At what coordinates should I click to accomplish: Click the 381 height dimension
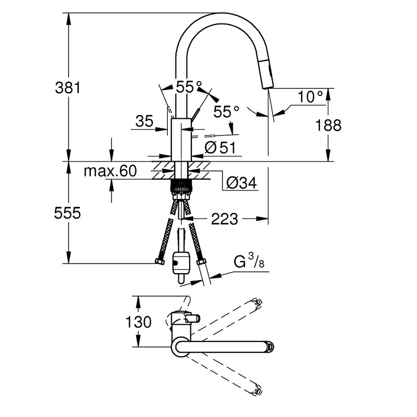[x=68, y=88]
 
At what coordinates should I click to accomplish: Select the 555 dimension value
[x=67, y=213]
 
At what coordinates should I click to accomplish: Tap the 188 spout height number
[x=328, y=125]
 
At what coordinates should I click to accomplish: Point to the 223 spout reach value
[x=224, y=219]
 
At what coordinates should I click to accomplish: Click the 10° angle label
[x=310, y=96]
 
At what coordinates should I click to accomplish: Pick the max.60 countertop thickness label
[x=110, y=170]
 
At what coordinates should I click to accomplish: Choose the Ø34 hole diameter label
[x=241, y=183]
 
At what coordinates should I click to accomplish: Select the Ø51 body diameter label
[x=220, y=148]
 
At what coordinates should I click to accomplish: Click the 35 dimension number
[x=144, y=121]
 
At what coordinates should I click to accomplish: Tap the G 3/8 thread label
[x=249, y=261]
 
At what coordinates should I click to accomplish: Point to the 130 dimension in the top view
[x=138, y=322]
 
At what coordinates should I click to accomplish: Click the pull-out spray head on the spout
[x=267, y=75]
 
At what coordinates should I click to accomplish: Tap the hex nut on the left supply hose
[x=160, y=261]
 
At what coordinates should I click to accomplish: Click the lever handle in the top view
[x=192, y=317]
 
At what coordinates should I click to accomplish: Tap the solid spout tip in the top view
[x=269, y=346]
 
